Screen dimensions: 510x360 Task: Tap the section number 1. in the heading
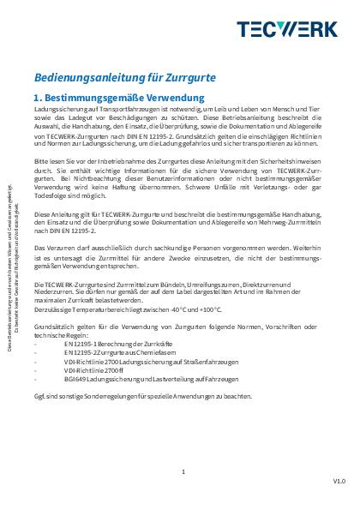tap(39, 99)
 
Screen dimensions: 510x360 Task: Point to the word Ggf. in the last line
tap(39, 397)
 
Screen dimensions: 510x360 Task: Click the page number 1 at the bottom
tap(183, 471)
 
